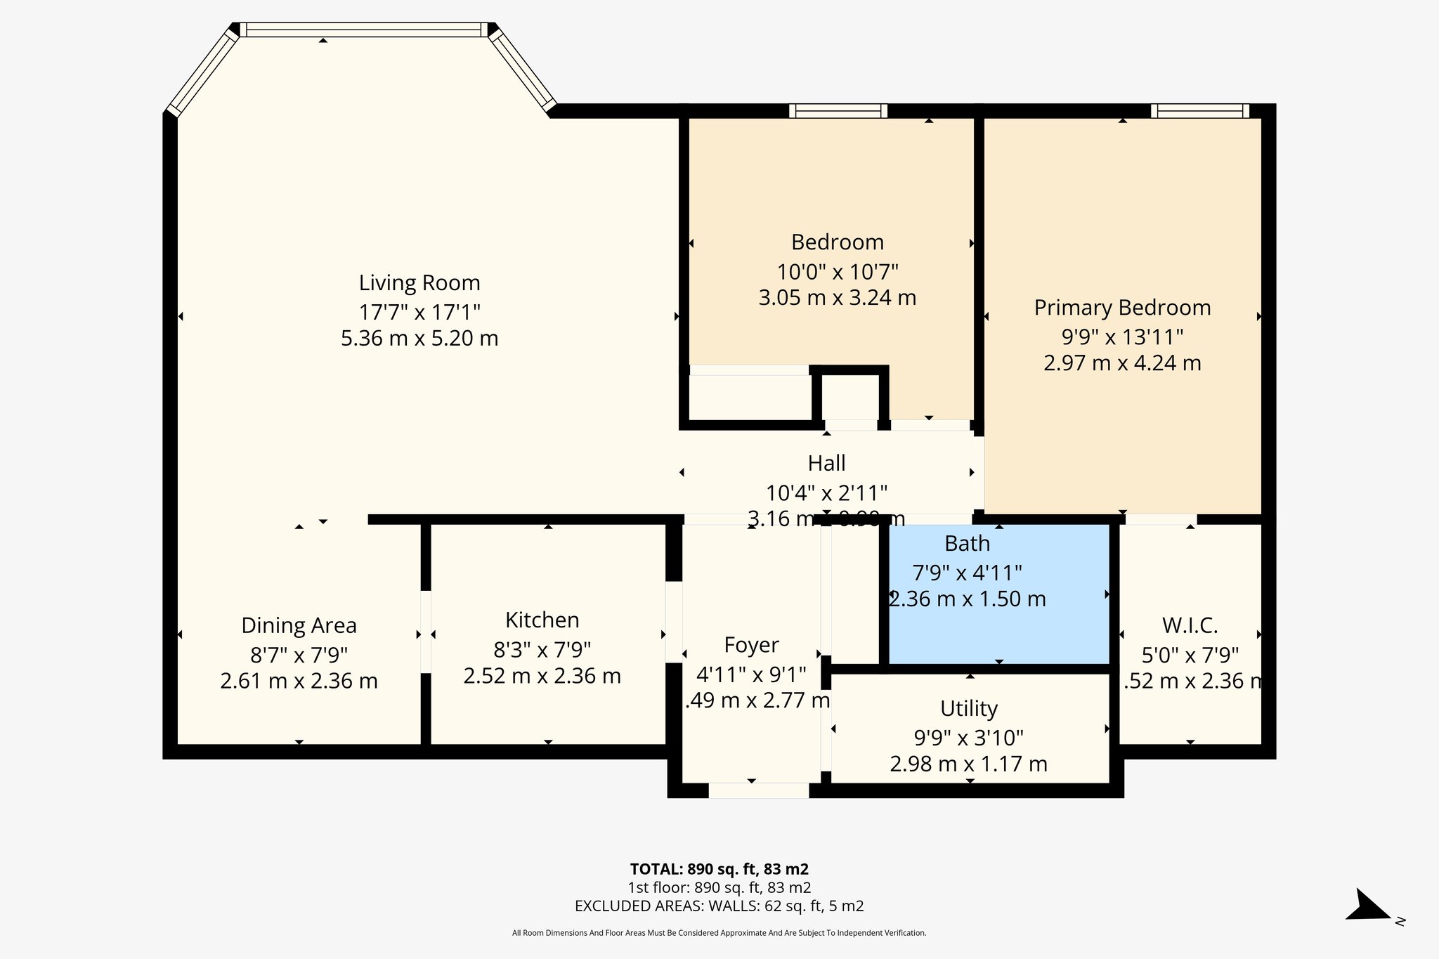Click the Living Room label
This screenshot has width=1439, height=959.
point(419,282)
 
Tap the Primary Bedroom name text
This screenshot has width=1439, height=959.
point(1122,308)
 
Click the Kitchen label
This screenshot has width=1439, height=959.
point(542,620)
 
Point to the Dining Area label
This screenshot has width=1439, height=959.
point(299,625)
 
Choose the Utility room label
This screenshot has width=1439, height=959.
point(968,708)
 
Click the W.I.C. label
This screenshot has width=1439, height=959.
point(1190,625)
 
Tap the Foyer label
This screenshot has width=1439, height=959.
point(751,645)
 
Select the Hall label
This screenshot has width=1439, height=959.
point(826,463)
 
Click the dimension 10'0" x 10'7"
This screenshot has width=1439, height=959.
point(837,271)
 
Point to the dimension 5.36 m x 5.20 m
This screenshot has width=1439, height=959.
point(419,339)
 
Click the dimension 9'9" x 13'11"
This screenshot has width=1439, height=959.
point(1122,337)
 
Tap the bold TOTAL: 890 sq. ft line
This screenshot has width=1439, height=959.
point(719,869)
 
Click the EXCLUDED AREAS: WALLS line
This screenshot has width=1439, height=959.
point(719,906)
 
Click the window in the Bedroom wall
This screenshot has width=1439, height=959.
point(838,111)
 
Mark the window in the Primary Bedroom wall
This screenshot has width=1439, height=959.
point(1199,111)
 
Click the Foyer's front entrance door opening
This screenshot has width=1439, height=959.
point(758,790)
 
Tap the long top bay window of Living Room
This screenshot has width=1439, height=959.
point(364,30)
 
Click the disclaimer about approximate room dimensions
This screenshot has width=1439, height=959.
point(719,933)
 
